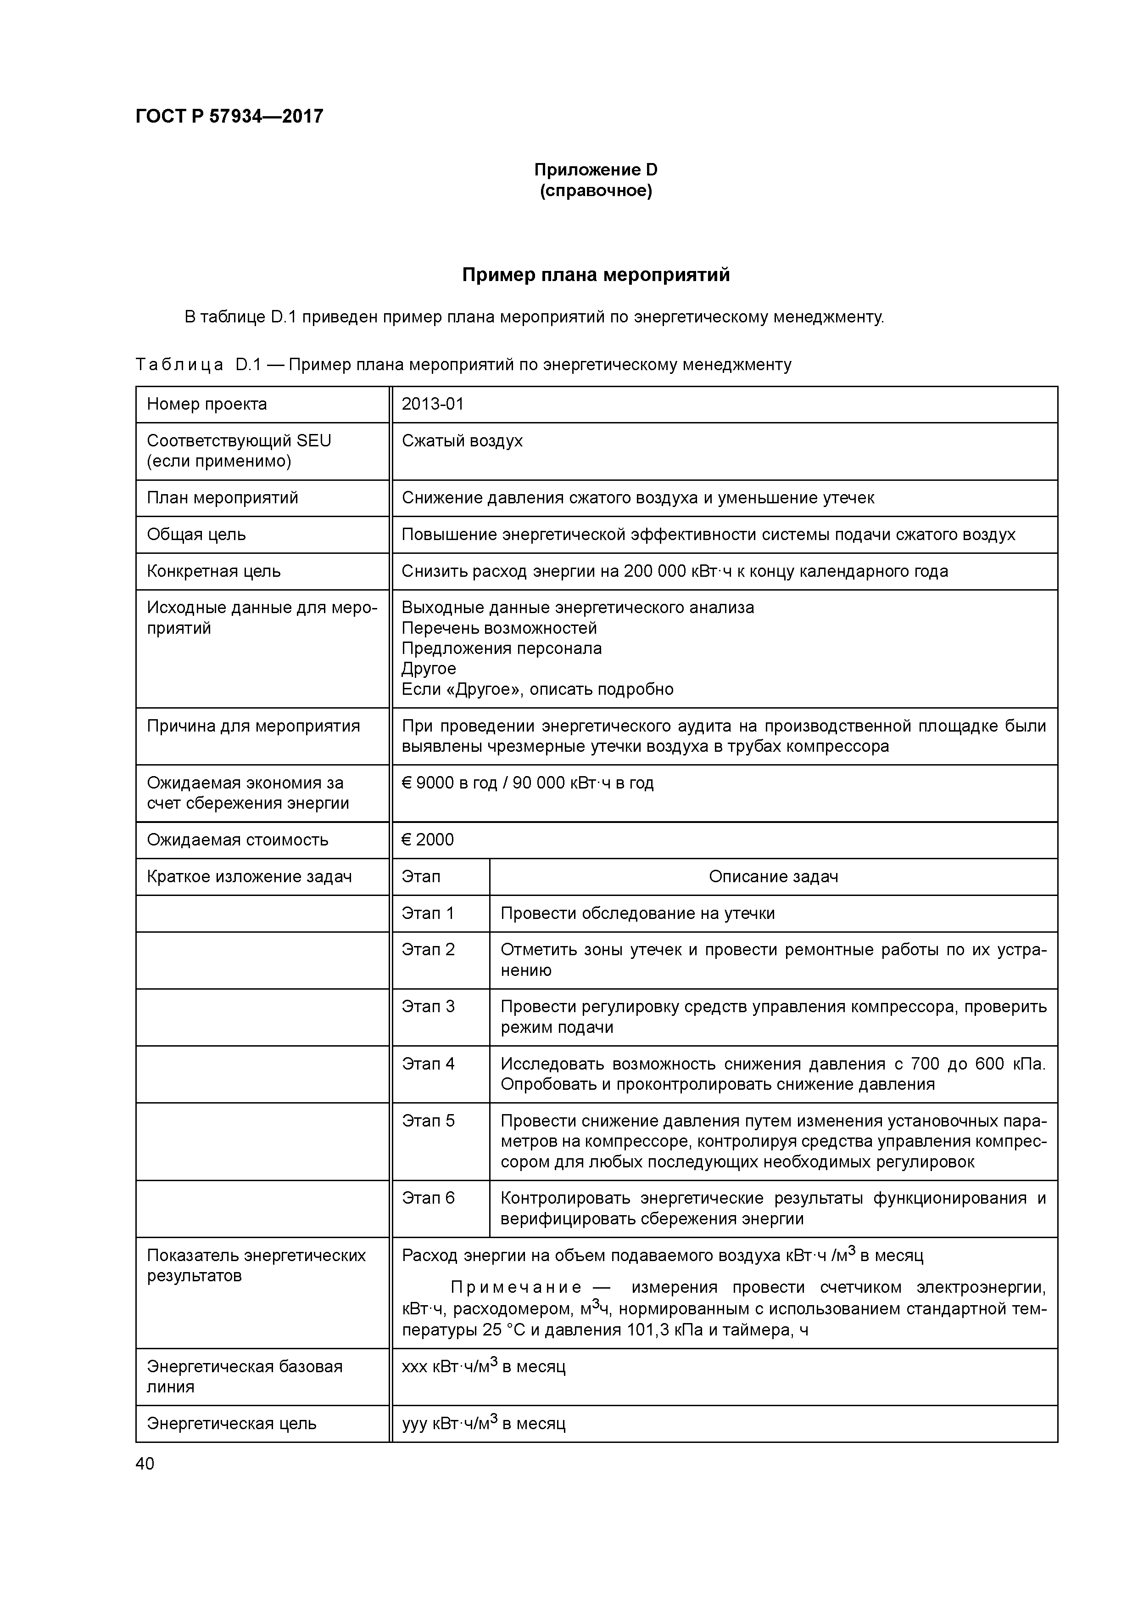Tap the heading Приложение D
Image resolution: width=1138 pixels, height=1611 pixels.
(595, 170)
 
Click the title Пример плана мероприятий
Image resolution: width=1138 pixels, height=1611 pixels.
(595, 275)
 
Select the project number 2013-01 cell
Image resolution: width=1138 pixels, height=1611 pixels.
(433, 404)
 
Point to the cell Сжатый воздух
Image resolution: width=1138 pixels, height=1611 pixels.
(462, 441)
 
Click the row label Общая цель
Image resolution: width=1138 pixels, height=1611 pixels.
(196, 535)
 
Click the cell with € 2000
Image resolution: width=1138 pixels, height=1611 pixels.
(428, 840)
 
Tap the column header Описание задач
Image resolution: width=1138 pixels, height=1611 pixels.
(773, 876)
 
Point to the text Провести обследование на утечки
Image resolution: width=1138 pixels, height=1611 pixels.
(637, 913)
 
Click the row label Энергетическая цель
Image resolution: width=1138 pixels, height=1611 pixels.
(231, 1424)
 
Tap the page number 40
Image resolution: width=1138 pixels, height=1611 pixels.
(145, 1464)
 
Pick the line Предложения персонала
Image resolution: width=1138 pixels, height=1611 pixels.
(502, 648)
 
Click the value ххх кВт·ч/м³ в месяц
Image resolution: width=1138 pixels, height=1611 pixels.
(483, 1367)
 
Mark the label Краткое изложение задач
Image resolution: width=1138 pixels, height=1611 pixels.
(249, 876)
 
